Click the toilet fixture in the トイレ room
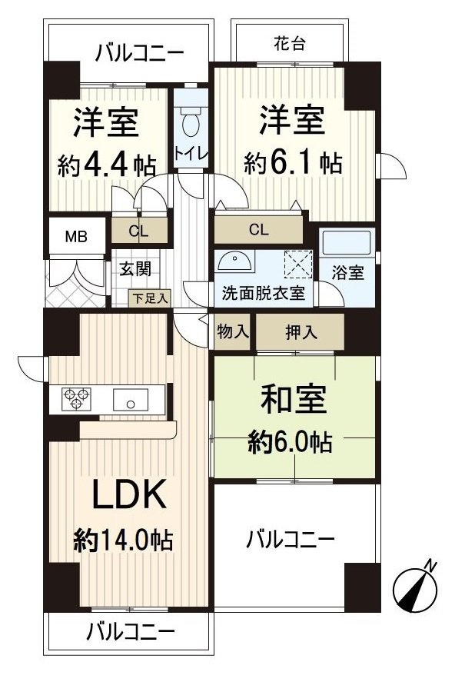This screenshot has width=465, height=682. coord(190,118)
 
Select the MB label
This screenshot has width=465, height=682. coord(75,236)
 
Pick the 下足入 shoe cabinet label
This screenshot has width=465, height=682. coord(149,298)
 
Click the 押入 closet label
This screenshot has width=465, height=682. coord(299,331)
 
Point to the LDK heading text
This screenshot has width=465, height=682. coord(129,496)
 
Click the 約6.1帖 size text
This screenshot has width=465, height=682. coord(293,163)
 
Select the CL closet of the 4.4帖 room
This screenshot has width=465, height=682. coord(139,230)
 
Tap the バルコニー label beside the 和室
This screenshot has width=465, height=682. coord(290,539)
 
